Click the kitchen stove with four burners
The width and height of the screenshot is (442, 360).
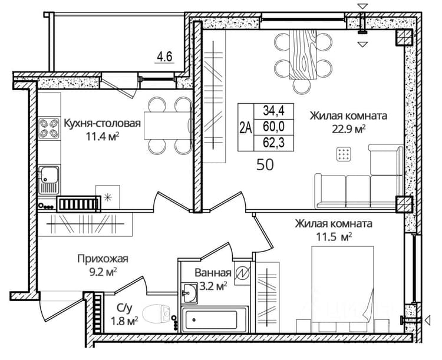49,128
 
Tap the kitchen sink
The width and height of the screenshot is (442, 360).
49,180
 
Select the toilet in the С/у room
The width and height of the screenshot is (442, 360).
157,315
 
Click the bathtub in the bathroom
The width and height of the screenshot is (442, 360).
215,320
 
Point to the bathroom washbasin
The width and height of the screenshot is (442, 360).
189,293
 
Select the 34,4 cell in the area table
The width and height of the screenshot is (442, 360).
273,111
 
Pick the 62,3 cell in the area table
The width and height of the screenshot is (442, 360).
273,143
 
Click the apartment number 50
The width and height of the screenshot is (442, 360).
265,164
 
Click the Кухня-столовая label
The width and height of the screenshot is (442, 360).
103,123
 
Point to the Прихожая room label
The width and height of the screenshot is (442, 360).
103,258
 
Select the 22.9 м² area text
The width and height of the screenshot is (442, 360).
348,129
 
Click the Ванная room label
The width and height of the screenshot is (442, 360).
213,273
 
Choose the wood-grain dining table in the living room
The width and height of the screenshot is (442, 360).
303,54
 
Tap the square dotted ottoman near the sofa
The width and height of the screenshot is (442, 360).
344,154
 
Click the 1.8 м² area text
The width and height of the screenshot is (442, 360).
125,321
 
